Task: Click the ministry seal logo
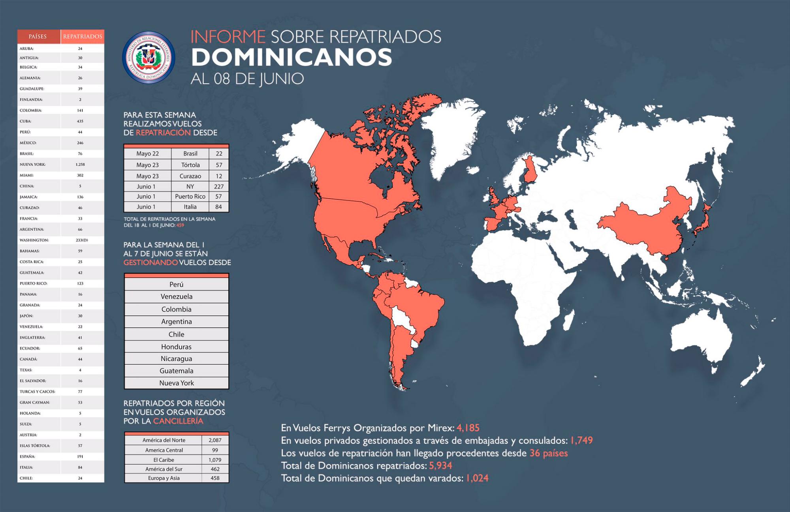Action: [149, 57]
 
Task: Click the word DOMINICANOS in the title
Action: [292, 57]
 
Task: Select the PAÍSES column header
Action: [38, 36]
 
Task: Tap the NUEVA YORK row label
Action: [32, 164]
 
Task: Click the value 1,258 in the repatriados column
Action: [80, 164]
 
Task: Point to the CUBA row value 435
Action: [80, 121]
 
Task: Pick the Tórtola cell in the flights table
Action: [190, 165]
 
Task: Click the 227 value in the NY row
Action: [218, 186]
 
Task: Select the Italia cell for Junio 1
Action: [190, 207]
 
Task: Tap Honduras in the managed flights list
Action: [176, 347]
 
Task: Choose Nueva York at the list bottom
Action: [176, 383]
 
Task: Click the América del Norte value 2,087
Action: [215, 440]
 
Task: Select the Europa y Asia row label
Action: [164, 478]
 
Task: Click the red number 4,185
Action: [468, 428]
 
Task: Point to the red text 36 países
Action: [548, 453]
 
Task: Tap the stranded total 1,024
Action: [477, 478]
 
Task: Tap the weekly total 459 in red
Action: [180, 225]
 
